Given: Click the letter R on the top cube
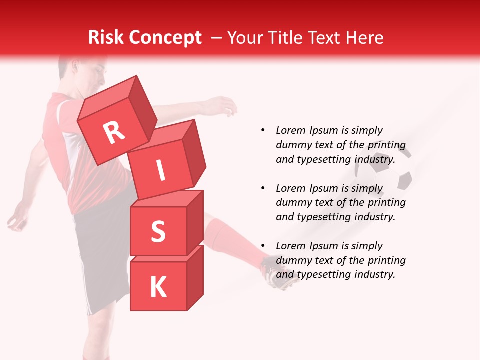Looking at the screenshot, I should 114,132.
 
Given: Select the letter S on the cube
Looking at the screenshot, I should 158,231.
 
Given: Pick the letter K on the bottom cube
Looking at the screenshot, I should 158,287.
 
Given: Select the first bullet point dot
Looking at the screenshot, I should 263,130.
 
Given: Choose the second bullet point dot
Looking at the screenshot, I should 263,188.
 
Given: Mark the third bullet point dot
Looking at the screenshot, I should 263,246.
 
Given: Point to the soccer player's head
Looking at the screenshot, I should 82,72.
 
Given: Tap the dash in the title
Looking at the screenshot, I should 217,38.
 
